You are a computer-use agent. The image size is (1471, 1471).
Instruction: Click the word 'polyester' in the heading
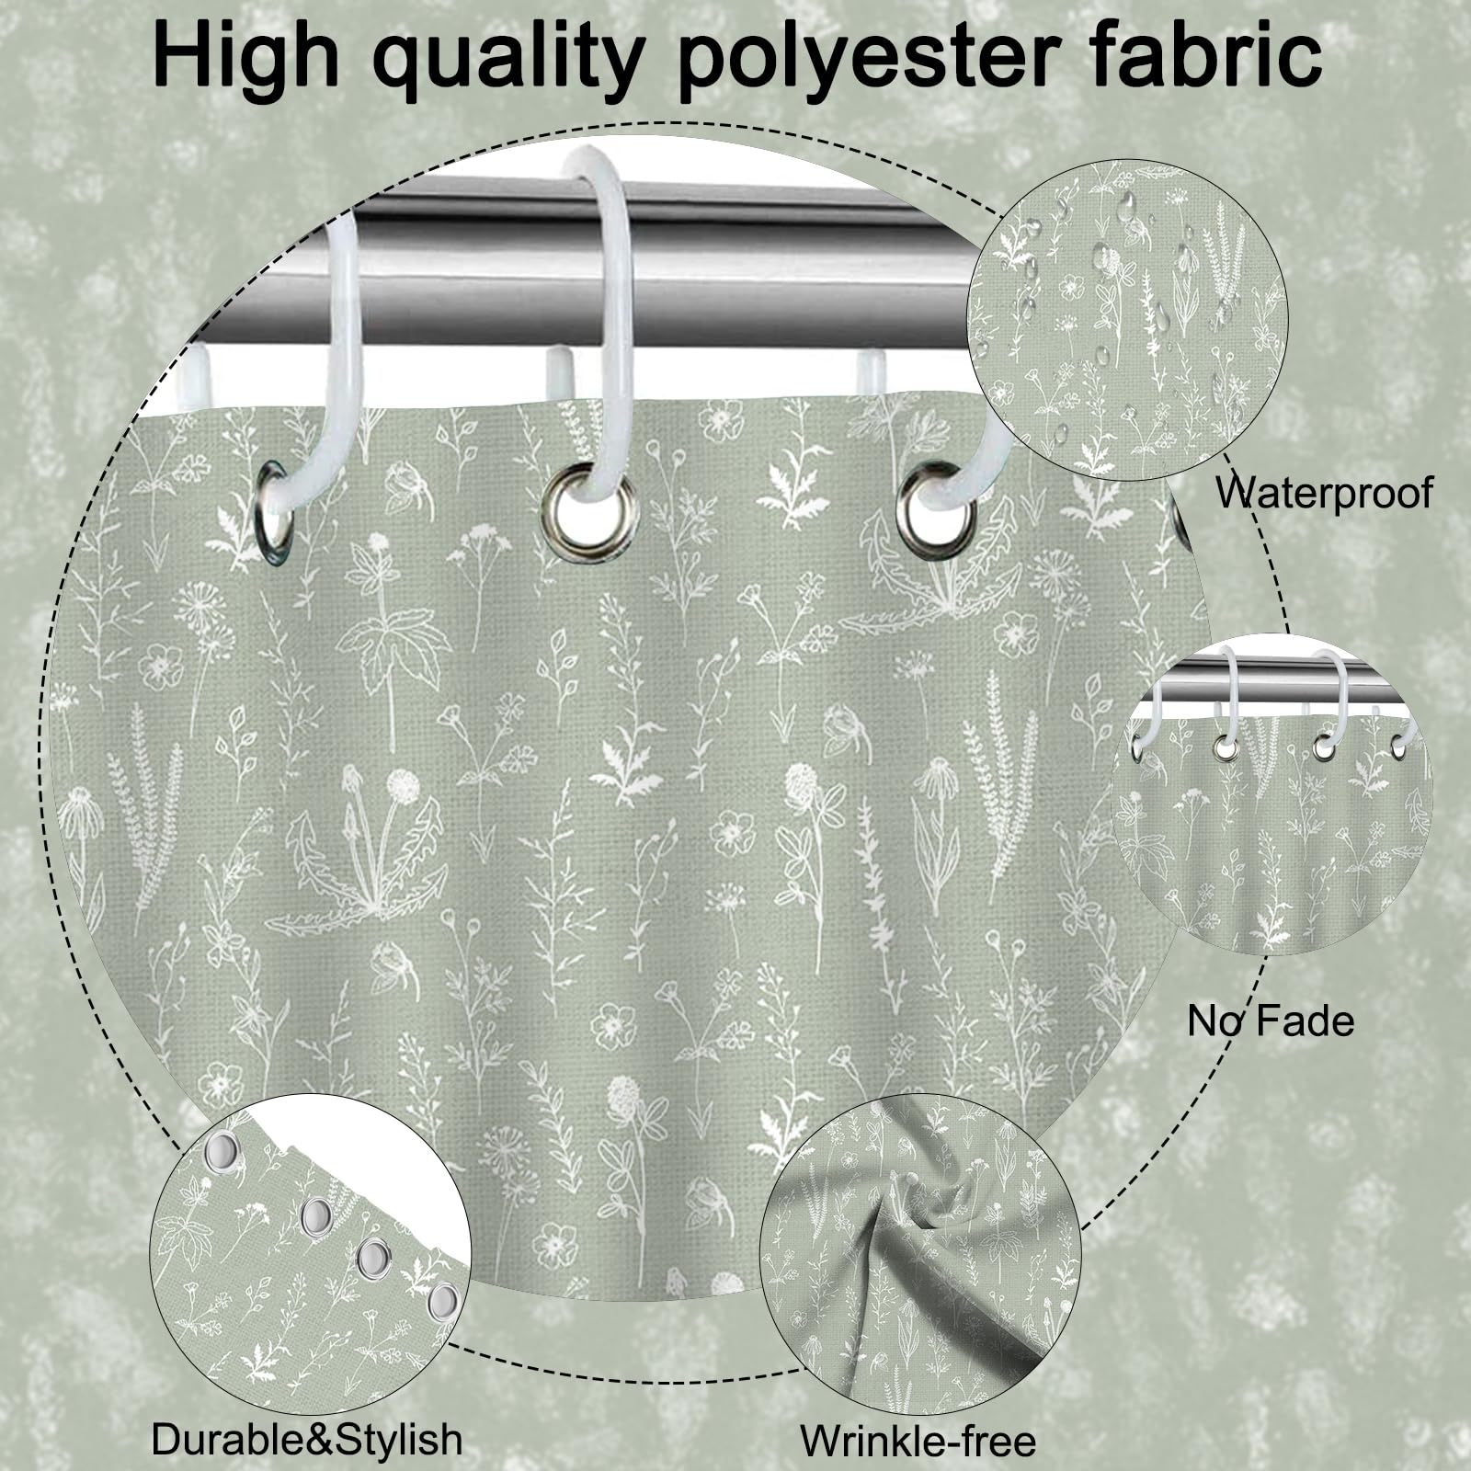click(x=865, y=57)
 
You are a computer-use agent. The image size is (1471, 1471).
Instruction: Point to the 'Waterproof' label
click(x=1324, y=493)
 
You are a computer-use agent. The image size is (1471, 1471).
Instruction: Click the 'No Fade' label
click(x=1271, y=1021)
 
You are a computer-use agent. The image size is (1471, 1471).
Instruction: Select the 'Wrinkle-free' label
click(x=918, y=1440)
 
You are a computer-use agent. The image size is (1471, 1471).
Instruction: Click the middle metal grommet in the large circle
click(x=587, y=511)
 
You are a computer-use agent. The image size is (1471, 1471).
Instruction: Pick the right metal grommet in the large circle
click(x=938, y=512)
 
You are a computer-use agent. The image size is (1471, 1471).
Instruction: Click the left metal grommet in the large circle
click(x=275, y=512)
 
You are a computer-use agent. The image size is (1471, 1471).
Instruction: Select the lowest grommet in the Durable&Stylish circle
click(x=443, y=1301)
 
